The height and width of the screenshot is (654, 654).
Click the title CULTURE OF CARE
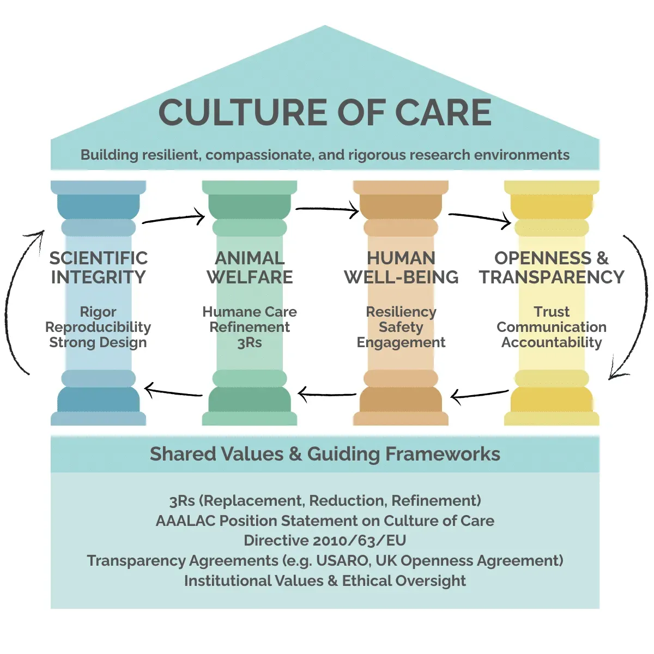pyautogui.click(x=325, y=113)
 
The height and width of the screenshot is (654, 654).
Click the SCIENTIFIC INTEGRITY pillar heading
pyautogui.click(x=98, y=268)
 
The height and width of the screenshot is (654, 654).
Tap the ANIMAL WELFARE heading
pyautogui.click(x=250, y=268)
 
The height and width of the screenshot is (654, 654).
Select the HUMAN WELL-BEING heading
pyautogui.click(x=401, y=268)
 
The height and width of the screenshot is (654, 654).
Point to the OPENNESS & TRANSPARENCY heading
pyautogui.click(x=552, y=268)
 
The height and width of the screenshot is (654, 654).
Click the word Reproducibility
pyautogui.click(x=98, y=327)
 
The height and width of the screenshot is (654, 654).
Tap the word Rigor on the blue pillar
pyautogui.click(x=98, y=312)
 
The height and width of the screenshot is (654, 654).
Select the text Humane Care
pyautogui.click(x=250, y=312)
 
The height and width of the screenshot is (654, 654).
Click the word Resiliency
pyautogui.click(x=401, y=312)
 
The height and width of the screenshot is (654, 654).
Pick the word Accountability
pyautogui.click(x=552, y=342)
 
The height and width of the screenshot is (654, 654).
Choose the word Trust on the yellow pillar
pyautogui.click(x=552, y=312)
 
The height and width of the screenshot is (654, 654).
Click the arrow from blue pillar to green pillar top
pyautogui.click(x=173, y=219)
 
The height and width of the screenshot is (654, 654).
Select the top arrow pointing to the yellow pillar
pyautogui.click(x=480, y=218)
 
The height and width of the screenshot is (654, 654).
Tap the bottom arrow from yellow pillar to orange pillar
pyautogui.click(x=480, y=395)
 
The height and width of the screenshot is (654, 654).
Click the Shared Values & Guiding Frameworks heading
pyautogui.click(x=325, y=454)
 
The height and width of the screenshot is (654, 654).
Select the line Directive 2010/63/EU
pyautogui.click(x=325, y=540)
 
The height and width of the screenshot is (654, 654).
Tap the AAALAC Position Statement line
pyautogui.click(x=325, y=520)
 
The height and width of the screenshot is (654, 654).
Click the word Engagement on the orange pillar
pyautogui.click(x=401, y=342)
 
